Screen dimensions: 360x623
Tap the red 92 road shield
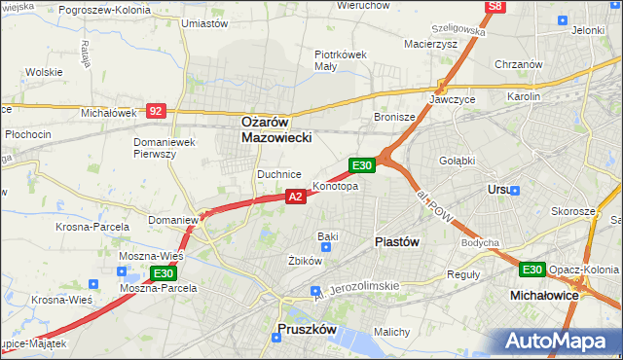(156, 111)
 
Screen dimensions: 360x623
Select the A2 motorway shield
(297, 197)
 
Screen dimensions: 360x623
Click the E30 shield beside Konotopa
(362, 166)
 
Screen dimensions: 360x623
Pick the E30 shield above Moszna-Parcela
(164, 275)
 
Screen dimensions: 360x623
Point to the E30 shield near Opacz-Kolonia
(531, 270)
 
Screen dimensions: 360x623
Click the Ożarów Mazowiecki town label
(276, 130)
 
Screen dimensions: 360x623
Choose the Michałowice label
(545, 293)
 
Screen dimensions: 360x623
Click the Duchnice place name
(278, 173)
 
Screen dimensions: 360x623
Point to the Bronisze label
(395, 117)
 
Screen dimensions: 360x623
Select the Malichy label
(391, 332)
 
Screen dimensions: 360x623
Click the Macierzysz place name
(431, 43)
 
